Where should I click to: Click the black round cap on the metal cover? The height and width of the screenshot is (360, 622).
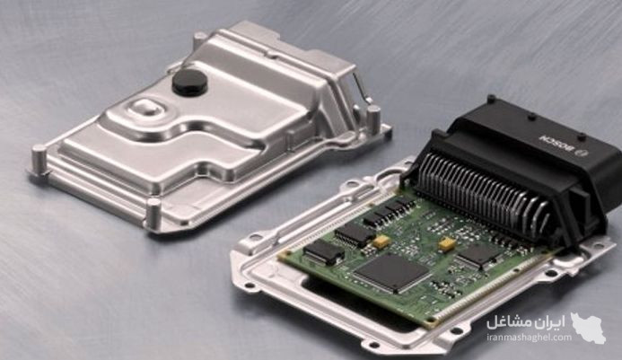[189, 83]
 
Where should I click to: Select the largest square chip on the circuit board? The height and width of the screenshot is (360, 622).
[391, 273]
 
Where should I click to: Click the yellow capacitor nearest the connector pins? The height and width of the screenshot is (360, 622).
[447, 243]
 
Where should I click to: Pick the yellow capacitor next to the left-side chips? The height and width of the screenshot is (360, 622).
[381, 241]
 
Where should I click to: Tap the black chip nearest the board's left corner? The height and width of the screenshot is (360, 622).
[324, 252]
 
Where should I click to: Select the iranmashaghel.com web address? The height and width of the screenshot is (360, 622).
[529, 338]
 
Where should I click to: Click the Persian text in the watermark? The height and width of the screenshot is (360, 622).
[526, 322]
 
